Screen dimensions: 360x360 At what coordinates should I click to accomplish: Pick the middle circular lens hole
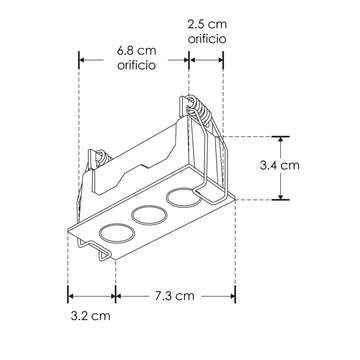tap(149, 215)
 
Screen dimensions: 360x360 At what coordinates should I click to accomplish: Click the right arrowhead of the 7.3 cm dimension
tap(232, 296)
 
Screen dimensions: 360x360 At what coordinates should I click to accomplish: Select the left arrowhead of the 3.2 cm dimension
tap(71, 296)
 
